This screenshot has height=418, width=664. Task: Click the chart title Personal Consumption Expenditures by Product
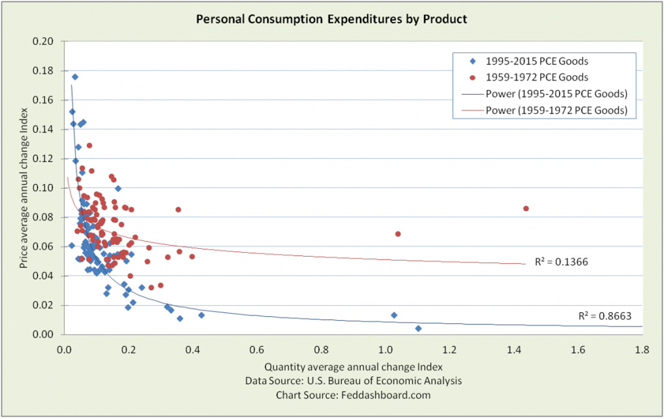[331, 19]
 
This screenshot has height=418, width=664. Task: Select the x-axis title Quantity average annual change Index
[353, 367]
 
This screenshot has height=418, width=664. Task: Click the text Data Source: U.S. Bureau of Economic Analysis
[353, 380]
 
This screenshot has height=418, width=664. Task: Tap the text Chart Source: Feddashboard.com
[353, 394]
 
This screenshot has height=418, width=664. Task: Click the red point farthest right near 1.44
[526, 208]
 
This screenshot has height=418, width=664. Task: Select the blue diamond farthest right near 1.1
[418, 329]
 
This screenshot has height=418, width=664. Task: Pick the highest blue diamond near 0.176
[75, 76]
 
